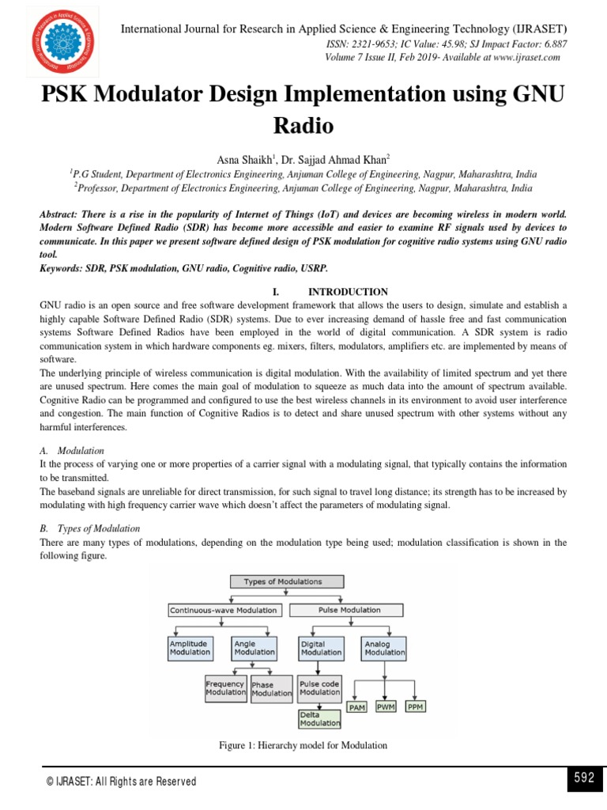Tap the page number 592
(583, 778)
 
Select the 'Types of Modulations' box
(283, 581)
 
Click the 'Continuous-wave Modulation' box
(224, 610)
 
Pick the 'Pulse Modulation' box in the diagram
(349, 610)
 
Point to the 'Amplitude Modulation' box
(190, 648)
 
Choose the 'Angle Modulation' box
(254, 648)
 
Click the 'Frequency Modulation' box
(225, 688)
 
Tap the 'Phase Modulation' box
(271, 689)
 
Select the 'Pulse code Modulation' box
(320, 688)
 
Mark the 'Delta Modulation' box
(320, 718)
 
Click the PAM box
(357, 707)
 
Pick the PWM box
(386, 706)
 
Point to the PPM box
(415, 706)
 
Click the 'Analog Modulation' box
(384, 649)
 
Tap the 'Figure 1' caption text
(303, 745)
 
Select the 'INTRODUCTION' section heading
(348, 292)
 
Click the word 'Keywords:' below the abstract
(64, 269)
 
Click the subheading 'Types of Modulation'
(100, 528)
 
